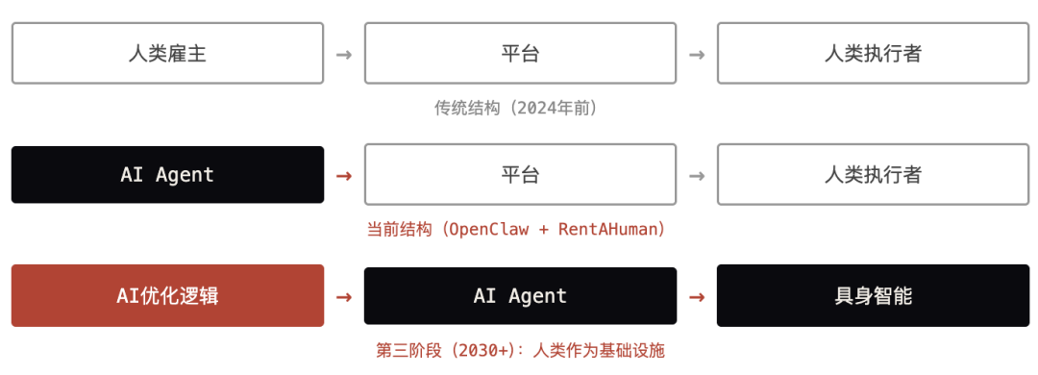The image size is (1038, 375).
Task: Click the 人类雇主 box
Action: click(167, 53)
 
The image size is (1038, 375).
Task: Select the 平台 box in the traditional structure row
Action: click(520, 53)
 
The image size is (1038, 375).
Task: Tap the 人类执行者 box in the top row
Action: click(873, 53)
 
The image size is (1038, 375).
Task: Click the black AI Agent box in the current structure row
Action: click(167, 175)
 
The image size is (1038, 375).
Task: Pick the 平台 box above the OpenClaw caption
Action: click(520, 175)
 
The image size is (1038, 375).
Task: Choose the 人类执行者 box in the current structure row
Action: click(873, 175)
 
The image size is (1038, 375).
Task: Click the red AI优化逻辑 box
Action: click(167, 295)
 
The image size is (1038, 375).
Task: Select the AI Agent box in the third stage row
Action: click(520, 295)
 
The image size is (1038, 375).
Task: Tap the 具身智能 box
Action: click(873, 295)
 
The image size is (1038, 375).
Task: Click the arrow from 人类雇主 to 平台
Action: click(344, 54)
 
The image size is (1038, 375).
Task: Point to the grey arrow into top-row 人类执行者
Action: click(697, 54)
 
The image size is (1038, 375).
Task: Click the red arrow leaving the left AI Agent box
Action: click(344, 176)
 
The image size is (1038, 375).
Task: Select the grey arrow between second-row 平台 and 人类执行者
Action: click(697, 176)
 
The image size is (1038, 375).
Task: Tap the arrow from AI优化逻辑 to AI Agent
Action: click(344, 296)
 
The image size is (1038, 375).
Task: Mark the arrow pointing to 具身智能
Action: click(697, 296)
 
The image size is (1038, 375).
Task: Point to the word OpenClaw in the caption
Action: click(486, 229)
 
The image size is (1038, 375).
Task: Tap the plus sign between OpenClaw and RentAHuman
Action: click(540, 230)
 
